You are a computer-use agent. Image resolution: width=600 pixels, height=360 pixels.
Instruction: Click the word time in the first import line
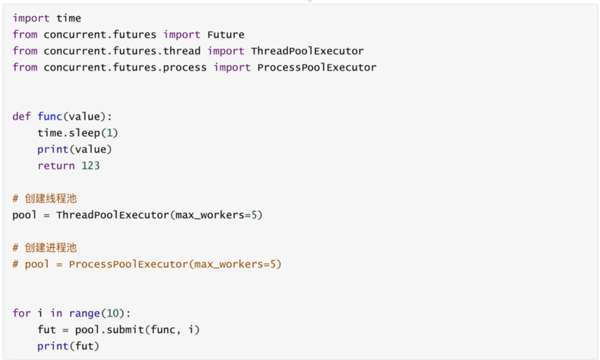[x=68, y=18]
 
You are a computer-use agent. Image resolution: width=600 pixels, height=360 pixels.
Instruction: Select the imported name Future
[x=226, y=35]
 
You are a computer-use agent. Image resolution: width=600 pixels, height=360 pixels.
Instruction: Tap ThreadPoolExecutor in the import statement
[x=307, y=51]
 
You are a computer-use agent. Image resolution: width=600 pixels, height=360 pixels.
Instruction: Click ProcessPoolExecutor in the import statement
[x=317, y=68]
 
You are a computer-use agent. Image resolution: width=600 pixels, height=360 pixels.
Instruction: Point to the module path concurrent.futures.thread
[x=122, y=51]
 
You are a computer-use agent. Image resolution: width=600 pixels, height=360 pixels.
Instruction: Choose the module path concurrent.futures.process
[x=125, y=68]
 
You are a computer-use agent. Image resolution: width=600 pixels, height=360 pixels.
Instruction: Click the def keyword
[x=22, y=116]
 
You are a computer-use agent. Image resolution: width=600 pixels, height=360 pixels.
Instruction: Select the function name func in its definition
[x=50, y=116]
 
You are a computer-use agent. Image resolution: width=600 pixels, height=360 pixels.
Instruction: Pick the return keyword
[x=56, y=165]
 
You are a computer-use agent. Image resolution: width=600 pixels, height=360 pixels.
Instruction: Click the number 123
[x=90, y=165]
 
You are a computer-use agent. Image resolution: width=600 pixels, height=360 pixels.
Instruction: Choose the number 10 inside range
[x=106, y=313]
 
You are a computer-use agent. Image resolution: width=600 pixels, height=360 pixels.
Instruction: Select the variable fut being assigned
[x=46, y=330]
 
